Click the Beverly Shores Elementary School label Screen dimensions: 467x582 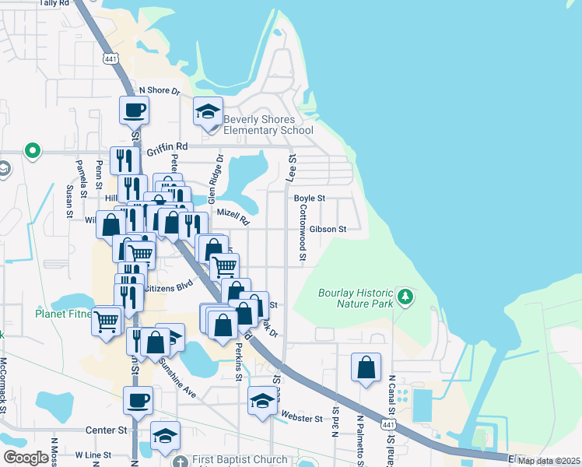[x=268, y=125]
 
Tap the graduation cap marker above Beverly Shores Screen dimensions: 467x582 [x=208, y=111]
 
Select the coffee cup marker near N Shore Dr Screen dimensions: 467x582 [x=134, y=110]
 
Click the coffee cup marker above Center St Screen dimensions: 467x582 [x=138, y=401]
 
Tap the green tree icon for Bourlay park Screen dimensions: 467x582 [x=405, y=296]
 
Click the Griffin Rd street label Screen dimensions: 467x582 [x=171, y=146]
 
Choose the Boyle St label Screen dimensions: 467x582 [x=309, y=198]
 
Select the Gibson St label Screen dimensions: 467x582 [x=327, y=230]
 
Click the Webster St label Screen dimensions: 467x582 [x=302, y=419]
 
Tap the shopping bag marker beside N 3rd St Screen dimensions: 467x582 [x=366, y=367]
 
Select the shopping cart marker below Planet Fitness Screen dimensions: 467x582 [x=107, y=321]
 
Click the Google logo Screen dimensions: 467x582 [x=26, y=458]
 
